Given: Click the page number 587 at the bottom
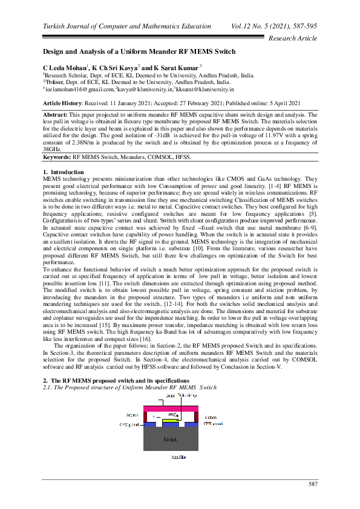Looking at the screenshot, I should click(x=313, y=484).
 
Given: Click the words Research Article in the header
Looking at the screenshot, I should click(x=292, y=38).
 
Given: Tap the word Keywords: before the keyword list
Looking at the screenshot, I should click(x=57, y=157).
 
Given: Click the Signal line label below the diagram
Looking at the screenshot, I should click(x=179, y=457).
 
